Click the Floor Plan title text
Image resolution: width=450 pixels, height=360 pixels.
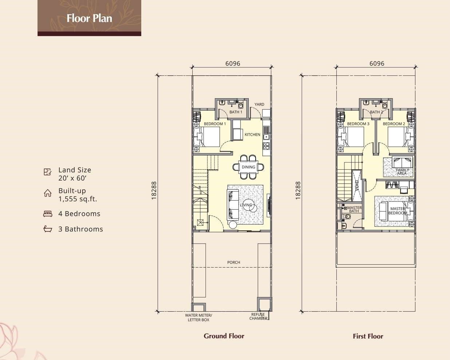89,18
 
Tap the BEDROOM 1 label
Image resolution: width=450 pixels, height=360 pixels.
215,124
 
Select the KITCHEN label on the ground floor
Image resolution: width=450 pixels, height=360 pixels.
252,134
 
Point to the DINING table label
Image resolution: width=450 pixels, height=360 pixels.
248,167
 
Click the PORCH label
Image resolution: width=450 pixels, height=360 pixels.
234,262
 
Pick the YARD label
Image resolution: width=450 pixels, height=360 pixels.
259,104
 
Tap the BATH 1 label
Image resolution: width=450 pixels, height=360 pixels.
236,112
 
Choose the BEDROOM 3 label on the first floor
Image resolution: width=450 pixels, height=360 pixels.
358,124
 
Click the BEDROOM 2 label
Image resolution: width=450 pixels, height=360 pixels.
394,124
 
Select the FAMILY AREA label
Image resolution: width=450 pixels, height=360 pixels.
402,172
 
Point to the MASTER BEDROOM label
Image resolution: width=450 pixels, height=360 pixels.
398,211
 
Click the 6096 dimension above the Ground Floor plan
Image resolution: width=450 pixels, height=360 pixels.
233,63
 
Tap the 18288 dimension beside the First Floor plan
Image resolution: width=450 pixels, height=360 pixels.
298,190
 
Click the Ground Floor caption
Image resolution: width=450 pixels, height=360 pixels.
224,336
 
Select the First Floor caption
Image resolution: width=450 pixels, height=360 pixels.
368,336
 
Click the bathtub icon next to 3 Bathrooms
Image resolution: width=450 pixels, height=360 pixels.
48,229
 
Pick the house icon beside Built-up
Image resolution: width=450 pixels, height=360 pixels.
48,193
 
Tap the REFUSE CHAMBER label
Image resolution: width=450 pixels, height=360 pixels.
258,316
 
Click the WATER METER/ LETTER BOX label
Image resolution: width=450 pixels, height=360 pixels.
198,317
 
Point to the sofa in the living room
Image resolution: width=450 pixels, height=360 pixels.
233,205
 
